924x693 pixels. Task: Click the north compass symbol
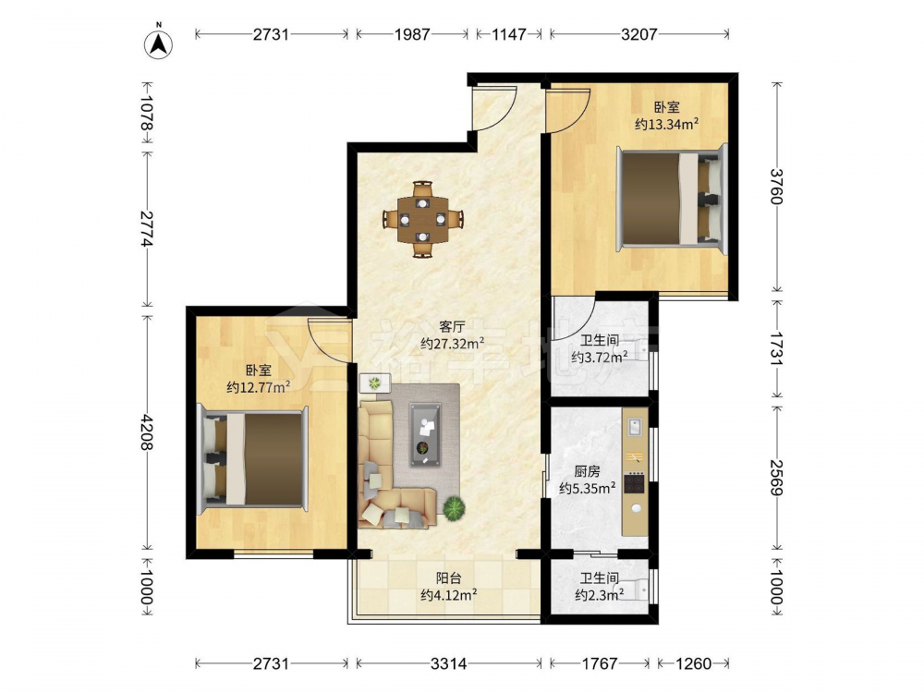click(158, 43)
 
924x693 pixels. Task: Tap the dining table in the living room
click(422, 219)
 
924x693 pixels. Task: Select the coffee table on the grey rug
click(425, 435)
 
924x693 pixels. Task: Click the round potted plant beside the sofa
click(455, 507)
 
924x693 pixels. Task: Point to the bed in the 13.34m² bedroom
click(672, 198)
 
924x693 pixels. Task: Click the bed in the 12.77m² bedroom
click(253, 458)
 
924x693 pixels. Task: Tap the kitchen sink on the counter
click(635, 426)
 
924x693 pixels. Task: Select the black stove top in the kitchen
click(635, 483)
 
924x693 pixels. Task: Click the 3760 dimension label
click(777, 187)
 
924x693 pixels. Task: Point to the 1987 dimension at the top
click(412, 34)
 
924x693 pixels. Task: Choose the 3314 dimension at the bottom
click(448, 663)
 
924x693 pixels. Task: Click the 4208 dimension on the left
click(146, 432)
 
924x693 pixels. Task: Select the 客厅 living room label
click(452, 326)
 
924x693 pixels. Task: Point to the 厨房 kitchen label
click(587, 471)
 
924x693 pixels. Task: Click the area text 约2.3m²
click(600, 595)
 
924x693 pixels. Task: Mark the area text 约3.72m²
click(599, 357)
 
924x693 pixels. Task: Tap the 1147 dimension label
click(508, 34)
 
